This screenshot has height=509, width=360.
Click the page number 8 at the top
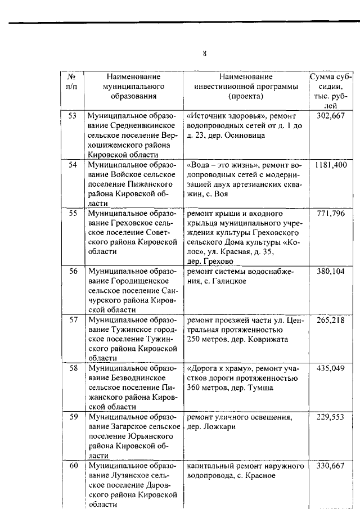tap(205, 53)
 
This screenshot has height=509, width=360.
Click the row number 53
tap(72, 115)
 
